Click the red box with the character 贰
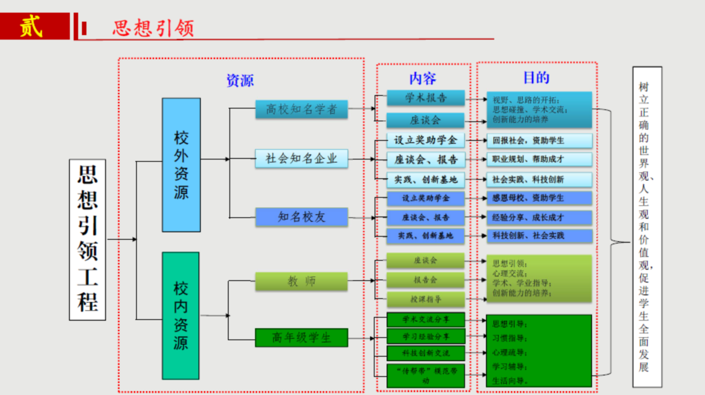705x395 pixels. [34, 26]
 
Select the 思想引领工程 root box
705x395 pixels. [88, 239]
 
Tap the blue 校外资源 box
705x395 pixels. [181, 165]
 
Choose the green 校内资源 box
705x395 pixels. [180, 315]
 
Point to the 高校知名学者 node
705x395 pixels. [301, 109]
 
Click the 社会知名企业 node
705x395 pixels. [301, 158]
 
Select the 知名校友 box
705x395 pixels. [301, 217]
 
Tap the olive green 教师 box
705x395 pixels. [301, 282]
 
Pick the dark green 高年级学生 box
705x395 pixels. [301, 337]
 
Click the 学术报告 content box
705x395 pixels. [426, 98]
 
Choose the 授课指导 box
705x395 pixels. [426, 299]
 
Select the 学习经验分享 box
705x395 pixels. [426, 337]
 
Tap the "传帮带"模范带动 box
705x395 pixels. [426, 375]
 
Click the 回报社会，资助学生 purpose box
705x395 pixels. [539, 140]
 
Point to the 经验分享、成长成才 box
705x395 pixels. [539, 217]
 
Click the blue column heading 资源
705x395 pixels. [240, 80]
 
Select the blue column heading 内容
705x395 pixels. [423, 78]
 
